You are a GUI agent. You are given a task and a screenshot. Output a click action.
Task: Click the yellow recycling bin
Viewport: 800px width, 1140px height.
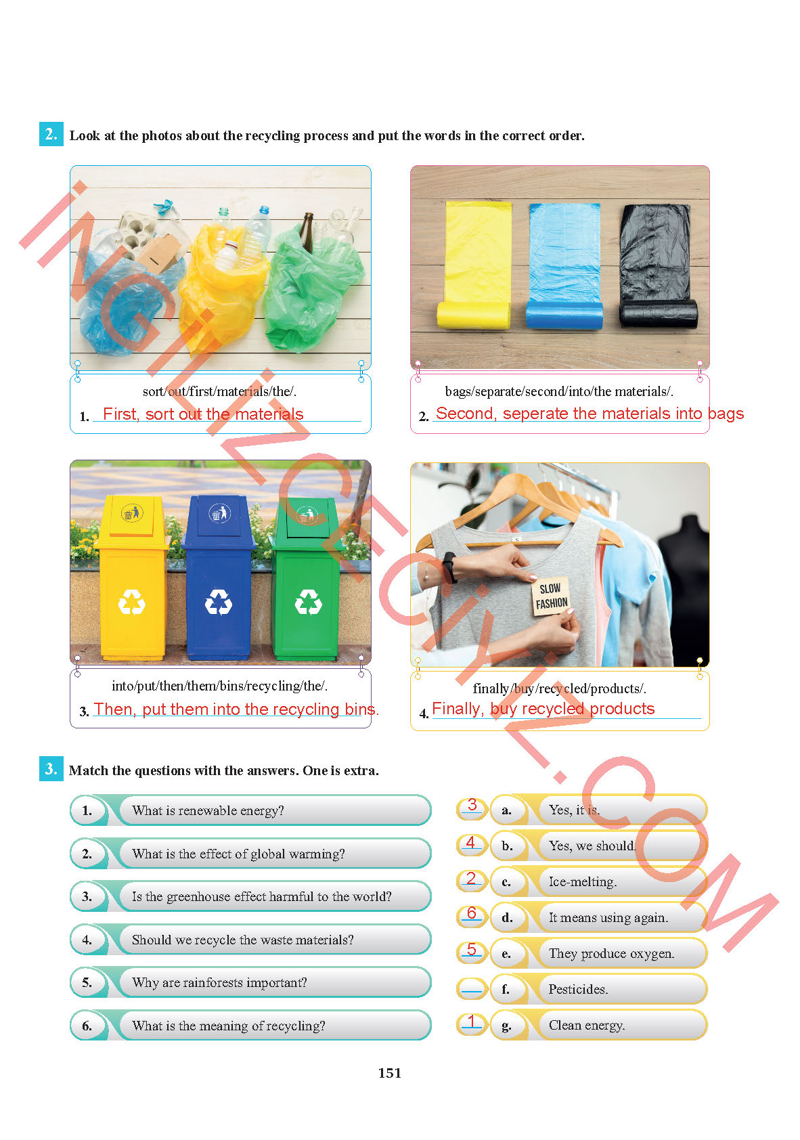tap(132, 577)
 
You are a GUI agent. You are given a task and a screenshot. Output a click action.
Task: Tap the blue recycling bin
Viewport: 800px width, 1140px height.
tap(219, 577)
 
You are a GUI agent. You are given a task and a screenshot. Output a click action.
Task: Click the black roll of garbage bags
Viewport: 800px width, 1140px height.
tap(657, 265)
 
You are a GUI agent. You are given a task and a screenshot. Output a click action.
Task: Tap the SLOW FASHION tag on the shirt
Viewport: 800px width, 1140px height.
tap(550, 596)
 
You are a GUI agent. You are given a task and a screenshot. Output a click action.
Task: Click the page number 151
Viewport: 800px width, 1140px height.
tap(389, 1073)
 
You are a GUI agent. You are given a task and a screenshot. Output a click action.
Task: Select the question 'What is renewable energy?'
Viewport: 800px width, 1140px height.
tap(208, 810)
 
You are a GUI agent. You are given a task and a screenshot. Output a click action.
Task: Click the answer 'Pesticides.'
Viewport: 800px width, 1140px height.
tap(577, 989)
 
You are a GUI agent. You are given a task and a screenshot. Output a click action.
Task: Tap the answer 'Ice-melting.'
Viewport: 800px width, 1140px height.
tap(582, 881)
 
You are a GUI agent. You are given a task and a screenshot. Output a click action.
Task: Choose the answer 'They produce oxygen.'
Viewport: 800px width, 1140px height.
tap(610, 953)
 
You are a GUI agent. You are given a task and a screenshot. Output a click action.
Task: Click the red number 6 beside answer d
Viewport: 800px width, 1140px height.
tap(471, 913)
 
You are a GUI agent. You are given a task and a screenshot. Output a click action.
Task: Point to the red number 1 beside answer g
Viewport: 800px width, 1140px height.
tap(471, 1021)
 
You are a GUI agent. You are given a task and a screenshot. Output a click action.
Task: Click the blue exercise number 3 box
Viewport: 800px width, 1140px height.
tap(51, 768)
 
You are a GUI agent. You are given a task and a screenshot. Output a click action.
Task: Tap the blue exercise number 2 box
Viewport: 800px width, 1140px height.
tap(51, 134)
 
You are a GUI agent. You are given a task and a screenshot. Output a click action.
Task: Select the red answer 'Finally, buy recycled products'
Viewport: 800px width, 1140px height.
tap(543, 708)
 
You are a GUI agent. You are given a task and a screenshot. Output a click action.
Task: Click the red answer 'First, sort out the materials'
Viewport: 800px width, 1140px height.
tap(203, 414)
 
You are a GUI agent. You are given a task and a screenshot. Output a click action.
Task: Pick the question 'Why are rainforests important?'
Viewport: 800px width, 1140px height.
tap(219, 982)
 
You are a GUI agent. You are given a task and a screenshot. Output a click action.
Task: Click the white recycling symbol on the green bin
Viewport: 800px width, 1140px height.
tap(309, 602)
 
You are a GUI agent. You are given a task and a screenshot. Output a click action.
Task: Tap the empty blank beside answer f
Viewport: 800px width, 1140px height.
tap(471, 989)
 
